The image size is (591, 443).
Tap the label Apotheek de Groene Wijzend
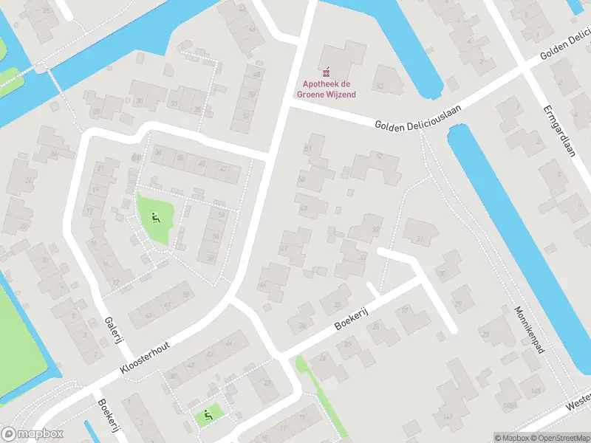pyautogui.click(x=326, y=89)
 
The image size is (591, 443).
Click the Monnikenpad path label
pyautogui.click(x=530, y=329)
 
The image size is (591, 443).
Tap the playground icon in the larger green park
pyautogui.click(x=155, y=217)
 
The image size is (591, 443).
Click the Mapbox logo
pyautogui.click(x=33, y=434)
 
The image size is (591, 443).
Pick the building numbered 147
pyautogui.click(x=446, y=418)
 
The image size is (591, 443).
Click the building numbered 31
pyautogui.click(x=420, y=239)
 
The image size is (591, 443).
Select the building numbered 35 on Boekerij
pyautogui.click(x=338, y=304)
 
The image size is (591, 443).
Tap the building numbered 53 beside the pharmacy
pyautogui.click(x=380, y=86)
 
